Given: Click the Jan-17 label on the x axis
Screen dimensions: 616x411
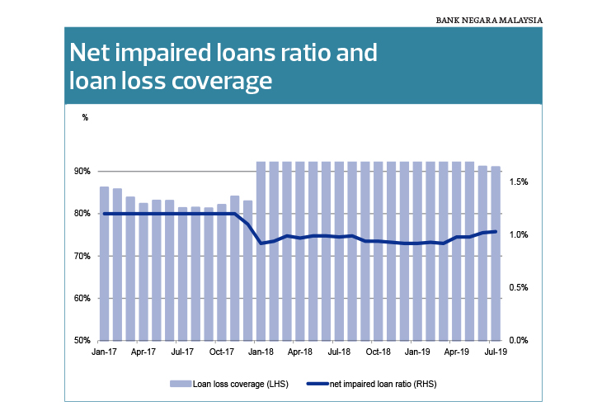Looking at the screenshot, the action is point(104,352).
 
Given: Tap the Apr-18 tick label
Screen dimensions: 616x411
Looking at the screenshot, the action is point(299,352).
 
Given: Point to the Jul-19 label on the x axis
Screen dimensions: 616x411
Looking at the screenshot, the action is point(496,352).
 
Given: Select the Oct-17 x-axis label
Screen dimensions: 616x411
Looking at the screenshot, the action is point(222,352).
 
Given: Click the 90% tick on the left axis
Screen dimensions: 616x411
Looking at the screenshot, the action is point(82,171).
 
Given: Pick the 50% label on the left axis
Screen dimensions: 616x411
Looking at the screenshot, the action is point(82,340).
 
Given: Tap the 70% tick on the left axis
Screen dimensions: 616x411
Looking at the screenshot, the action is point(82,256).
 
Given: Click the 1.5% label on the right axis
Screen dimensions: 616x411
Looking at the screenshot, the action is point(519,182).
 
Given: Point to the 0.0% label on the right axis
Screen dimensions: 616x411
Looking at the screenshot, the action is point(519,340).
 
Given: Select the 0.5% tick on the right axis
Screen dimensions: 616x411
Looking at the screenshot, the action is point(519,287).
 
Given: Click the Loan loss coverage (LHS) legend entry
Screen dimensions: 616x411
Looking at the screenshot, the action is point(229,384).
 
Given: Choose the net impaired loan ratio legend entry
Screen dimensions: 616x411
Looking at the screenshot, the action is point(372,384).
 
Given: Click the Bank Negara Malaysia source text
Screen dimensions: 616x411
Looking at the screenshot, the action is point(489,20).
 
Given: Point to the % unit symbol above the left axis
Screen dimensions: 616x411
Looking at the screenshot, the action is point(85,117).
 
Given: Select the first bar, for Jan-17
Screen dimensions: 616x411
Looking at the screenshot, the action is point(104,263).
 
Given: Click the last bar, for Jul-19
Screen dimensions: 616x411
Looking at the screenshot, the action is point(496,253).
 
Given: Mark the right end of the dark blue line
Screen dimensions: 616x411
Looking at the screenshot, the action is point(496,232).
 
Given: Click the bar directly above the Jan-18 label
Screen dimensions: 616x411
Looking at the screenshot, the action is point(261,251).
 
